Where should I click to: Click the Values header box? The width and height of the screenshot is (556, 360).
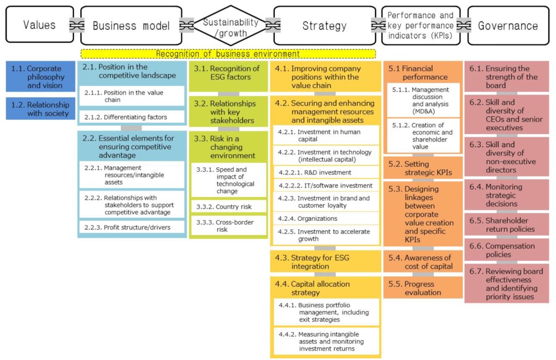(x=39, y=25)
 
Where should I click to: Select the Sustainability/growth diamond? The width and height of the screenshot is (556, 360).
(x=231, y=25)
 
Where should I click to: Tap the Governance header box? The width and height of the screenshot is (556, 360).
(x=508, y=25)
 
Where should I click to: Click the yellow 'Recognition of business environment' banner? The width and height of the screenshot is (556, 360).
(x=228, y=54)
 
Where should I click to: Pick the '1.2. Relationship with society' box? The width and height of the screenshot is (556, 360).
(x=41, y=109)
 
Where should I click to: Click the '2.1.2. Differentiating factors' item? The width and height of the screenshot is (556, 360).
(x=131, y=117)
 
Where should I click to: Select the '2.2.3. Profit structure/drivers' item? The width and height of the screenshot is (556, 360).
(x=131, y=227)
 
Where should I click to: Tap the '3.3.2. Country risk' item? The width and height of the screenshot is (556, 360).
(x=228, y=207)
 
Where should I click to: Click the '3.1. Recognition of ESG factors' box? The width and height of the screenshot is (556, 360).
(x=228, y=77)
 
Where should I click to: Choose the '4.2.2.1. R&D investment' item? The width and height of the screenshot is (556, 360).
(x=325, y=173)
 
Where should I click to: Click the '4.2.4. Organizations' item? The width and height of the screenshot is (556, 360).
(x=325, y=218)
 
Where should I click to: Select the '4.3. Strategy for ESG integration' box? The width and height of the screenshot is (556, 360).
(x=325, y=262)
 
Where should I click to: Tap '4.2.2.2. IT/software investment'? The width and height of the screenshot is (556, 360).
(x=325, y=186)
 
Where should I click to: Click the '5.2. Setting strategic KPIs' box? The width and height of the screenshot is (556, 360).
(x=423, y=168)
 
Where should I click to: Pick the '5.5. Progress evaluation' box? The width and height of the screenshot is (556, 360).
(x=423, y=288)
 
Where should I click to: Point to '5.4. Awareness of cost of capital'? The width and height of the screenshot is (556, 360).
(x=423, y=262)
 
